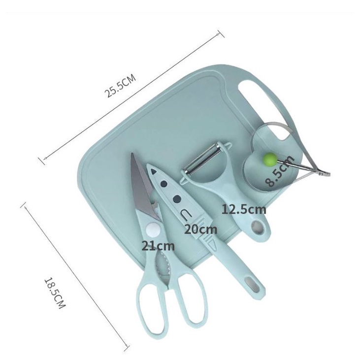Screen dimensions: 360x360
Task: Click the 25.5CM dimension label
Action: pos(120,85)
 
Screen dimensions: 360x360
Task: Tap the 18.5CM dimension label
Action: pos(55,293)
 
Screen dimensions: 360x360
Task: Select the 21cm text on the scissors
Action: pos(158,246)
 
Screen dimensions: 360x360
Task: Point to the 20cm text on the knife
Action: pos(200,229)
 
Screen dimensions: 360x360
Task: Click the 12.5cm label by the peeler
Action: pos(244,210)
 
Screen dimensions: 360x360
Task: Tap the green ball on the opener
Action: pos(270,159)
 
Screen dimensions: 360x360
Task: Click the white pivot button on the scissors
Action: pos(154,229)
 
